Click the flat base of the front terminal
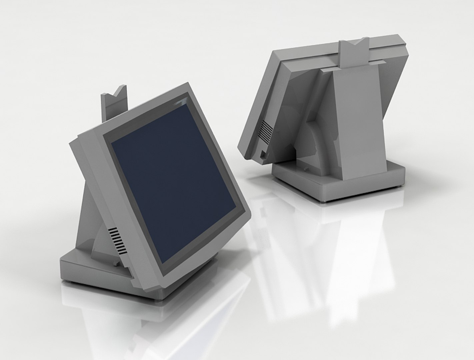(87, 270)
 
